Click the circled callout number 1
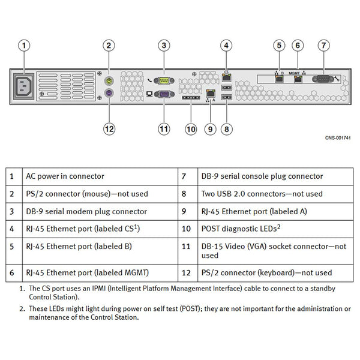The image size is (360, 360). (x=24, y=46)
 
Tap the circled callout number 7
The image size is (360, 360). (x=324, y=46)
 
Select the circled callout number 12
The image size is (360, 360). (x=109, y=129)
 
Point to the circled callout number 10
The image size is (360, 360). (x=191, y=129)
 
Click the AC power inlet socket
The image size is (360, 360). (x=23, y=86)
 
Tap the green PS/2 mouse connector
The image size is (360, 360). (x=109, y=81)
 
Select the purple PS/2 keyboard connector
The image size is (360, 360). (x=109, y=93)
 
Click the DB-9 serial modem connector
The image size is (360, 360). (x=164, y=80)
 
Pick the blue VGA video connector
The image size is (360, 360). (x=164, y=94)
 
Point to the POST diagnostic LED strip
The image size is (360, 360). (x=191, y=98)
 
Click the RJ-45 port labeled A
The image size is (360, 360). (x=211, y=93)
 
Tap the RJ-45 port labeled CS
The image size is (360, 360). (x=227, y=77)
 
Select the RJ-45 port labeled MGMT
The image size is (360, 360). (x=298, y=79)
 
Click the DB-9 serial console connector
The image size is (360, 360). (x=323, y=79)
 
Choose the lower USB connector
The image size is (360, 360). (x=227, y=97)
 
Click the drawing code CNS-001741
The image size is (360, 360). (x=338, y=138)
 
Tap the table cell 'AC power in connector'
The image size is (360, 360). (x=65, y=176)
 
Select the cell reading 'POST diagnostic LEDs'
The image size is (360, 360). (x=241, y=229)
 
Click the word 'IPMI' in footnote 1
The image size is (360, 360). (x=99, y=289)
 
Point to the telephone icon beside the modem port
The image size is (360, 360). (x=149, y=80)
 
